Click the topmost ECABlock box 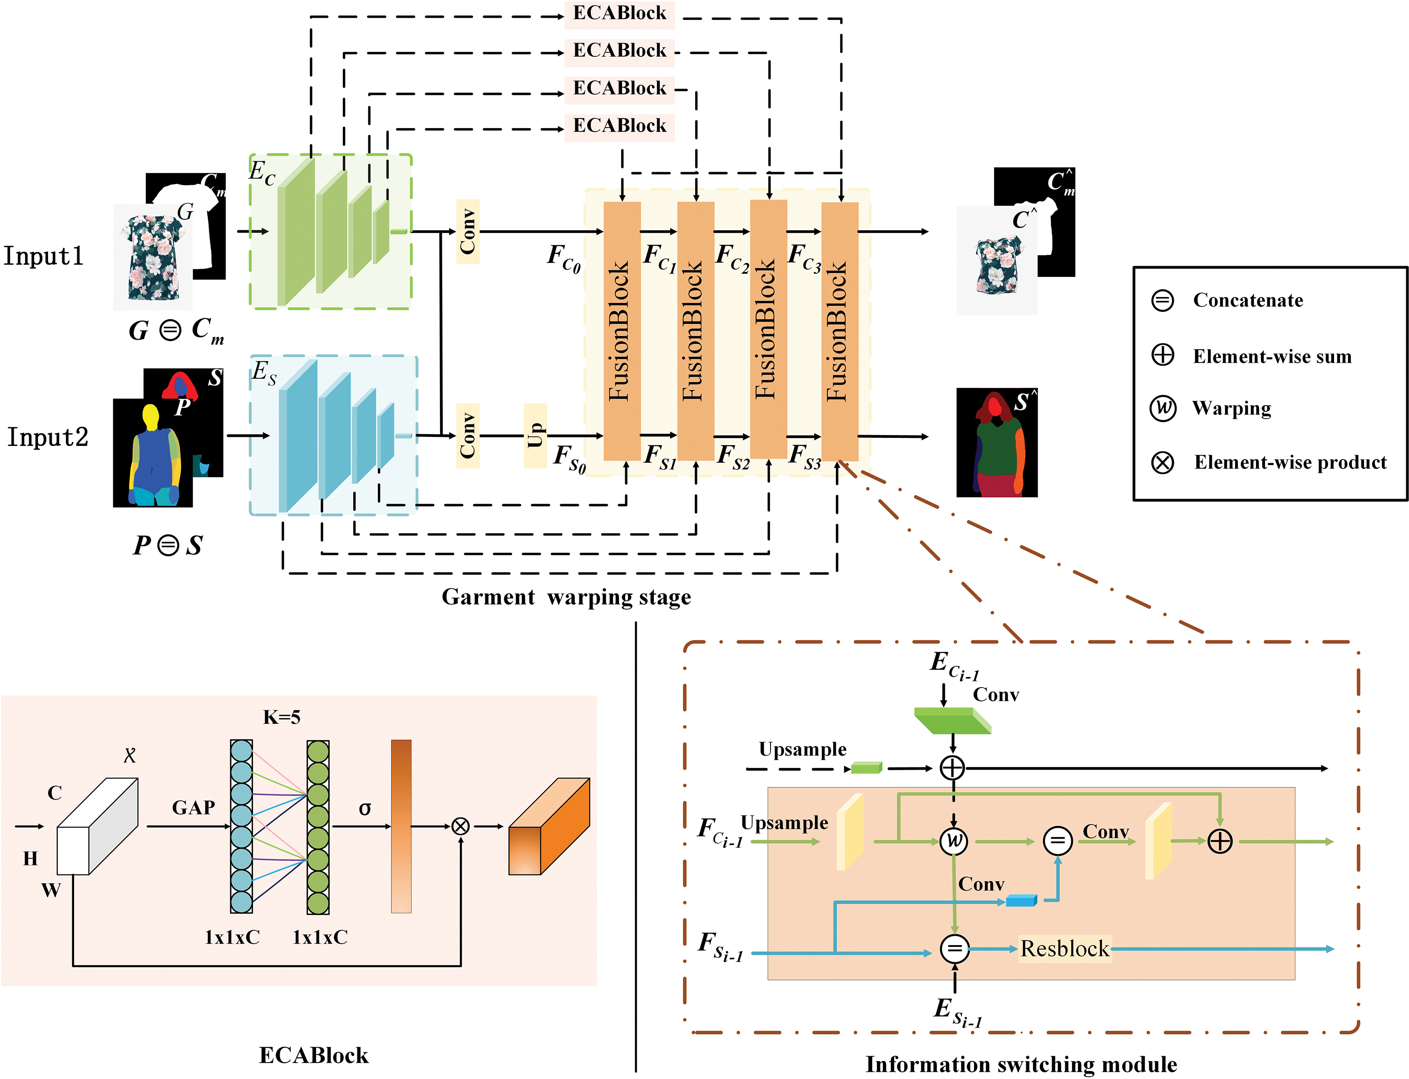click(x=619, y=14)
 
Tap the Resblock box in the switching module click(x=1064, y=949)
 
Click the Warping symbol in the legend click(x=1162, y=408)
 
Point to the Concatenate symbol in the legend click(x=1162, y=300)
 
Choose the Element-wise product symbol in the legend click(x=1162, y=462)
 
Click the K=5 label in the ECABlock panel click(x=281, y=717)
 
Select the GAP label click(x=193, y=807)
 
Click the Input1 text click(x=44, y=256)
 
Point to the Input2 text click(x=48, y=437)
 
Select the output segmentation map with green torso click(x=997, y=443)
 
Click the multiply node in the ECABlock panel click(x=460, y=826)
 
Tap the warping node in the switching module click(x=954, y=841)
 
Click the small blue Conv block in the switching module click(x=1021, y=901)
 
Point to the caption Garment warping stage click(x=566, y=597)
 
